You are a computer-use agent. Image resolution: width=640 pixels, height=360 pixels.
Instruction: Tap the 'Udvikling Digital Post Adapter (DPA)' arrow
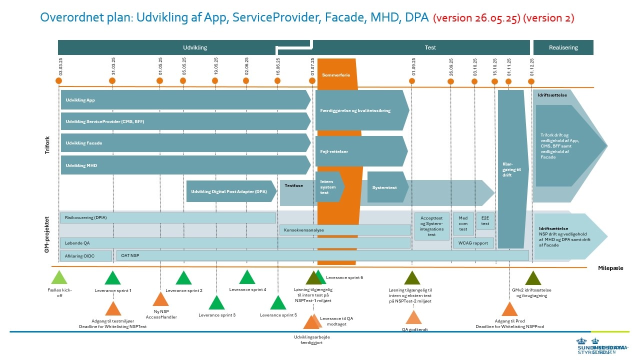point(230,191)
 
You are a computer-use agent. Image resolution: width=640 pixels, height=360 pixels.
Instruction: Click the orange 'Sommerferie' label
point(336,74)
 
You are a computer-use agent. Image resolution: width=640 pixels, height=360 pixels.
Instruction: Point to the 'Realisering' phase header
point(563,47)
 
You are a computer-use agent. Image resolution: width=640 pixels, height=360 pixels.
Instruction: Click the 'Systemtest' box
point(385,187)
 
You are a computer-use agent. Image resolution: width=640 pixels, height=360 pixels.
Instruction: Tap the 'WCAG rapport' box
point(473,243)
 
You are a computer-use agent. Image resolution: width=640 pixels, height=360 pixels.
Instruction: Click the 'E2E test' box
point(485,221)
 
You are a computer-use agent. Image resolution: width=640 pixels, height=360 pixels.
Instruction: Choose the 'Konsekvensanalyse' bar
point(344,230)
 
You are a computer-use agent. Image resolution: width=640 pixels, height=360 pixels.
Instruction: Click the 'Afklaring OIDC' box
point(85,256)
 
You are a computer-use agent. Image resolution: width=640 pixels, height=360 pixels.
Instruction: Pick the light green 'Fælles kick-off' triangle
point(59,277)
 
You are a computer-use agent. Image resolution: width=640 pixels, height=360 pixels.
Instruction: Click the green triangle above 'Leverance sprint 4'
point(247,277)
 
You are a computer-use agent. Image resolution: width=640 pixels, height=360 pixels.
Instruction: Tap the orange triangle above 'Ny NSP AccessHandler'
point(160,299)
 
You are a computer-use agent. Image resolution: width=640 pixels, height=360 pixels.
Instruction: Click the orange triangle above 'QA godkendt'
point(413,318)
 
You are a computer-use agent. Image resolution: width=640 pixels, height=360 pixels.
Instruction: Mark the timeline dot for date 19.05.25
point(215,81)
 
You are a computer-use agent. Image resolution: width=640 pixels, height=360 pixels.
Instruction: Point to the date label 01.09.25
point(413,66)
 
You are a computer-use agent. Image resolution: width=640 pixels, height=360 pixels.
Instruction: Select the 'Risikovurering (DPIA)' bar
point(168,218)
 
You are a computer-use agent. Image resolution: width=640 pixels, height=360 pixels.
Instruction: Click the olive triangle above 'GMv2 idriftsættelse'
point(533,278)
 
